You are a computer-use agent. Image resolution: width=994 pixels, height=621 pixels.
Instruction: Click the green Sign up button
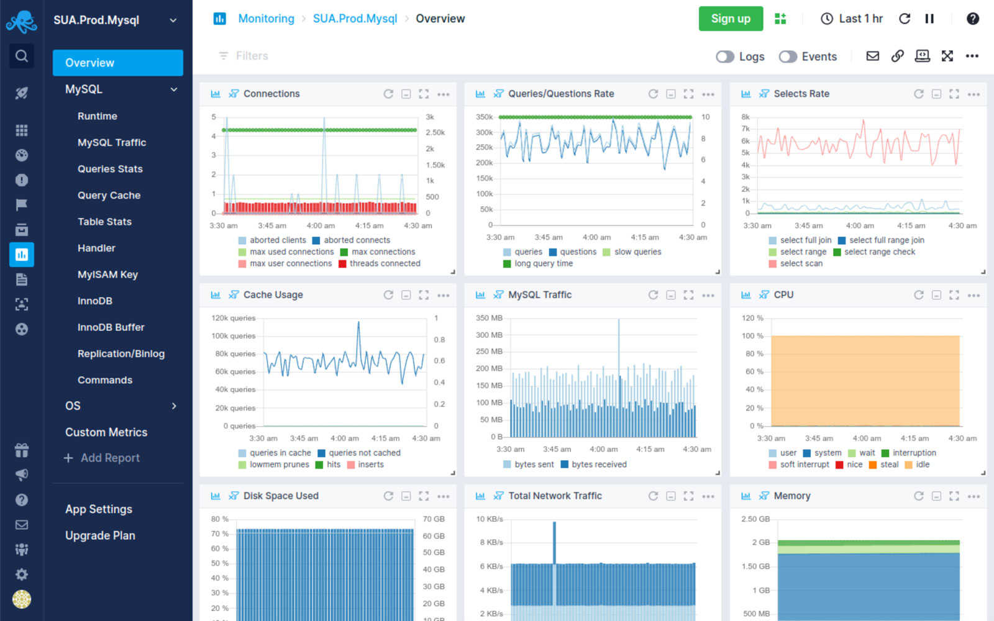(731, 19)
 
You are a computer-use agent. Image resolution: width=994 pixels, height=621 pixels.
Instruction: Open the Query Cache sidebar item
(109, 195)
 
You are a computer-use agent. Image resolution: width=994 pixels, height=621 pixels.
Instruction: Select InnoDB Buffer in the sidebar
(111, 327)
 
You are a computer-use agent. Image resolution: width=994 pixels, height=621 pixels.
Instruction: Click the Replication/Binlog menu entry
(121, 353)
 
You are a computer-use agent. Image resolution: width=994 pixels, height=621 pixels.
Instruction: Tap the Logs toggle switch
(725, 57)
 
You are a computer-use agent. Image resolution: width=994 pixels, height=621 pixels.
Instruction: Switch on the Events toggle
(788, 57)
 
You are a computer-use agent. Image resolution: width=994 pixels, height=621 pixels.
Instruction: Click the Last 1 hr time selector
(852, 19)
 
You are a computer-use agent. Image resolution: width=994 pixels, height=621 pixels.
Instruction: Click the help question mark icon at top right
(973, 19)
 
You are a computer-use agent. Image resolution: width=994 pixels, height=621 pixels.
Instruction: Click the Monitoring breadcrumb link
(266, 19)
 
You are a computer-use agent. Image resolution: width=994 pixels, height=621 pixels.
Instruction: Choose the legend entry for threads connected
(385, 263)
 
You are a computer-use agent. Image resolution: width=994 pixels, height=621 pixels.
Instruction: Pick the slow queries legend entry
(637, 252)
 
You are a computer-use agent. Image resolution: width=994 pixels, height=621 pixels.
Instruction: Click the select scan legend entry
(801, 263)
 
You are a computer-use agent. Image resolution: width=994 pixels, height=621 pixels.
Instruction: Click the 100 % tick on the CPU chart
(752, 336)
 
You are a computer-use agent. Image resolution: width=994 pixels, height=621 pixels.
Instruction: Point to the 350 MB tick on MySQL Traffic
(489, 318)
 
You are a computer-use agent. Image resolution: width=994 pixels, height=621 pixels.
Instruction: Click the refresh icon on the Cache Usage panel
(388, 295)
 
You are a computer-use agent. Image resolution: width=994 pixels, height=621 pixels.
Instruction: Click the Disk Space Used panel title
(281, 496)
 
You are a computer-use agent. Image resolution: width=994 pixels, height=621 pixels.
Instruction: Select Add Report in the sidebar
(110, 458)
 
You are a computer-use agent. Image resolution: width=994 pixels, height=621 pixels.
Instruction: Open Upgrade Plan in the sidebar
(100, 535)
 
